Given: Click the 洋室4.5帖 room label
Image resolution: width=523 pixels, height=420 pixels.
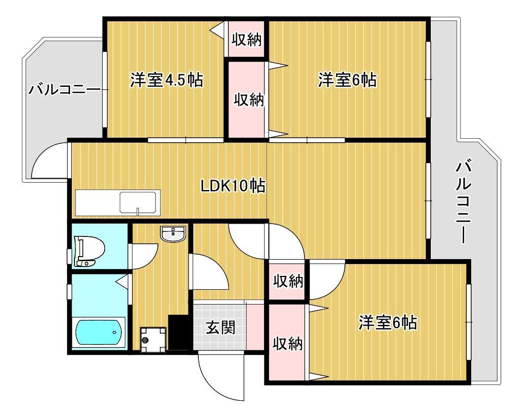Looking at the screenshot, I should tap(166, 80).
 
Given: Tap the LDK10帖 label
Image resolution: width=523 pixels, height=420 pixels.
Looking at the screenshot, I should tap(233, 186).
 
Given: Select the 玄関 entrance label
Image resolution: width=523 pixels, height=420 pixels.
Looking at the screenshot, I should tap(220, 327).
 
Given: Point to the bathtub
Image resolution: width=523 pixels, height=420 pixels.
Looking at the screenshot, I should tap(99, 333).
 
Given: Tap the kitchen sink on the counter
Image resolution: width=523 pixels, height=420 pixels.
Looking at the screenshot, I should tap(138, 202).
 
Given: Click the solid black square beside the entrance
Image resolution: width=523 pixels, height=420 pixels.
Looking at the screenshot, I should tap(178, 332).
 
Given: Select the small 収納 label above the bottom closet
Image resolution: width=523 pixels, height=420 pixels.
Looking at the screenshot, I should tap(288, 282).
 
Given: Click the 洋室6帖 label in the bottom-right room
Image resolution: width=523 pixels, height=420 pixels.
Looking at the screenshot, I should tap(387, 323).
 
